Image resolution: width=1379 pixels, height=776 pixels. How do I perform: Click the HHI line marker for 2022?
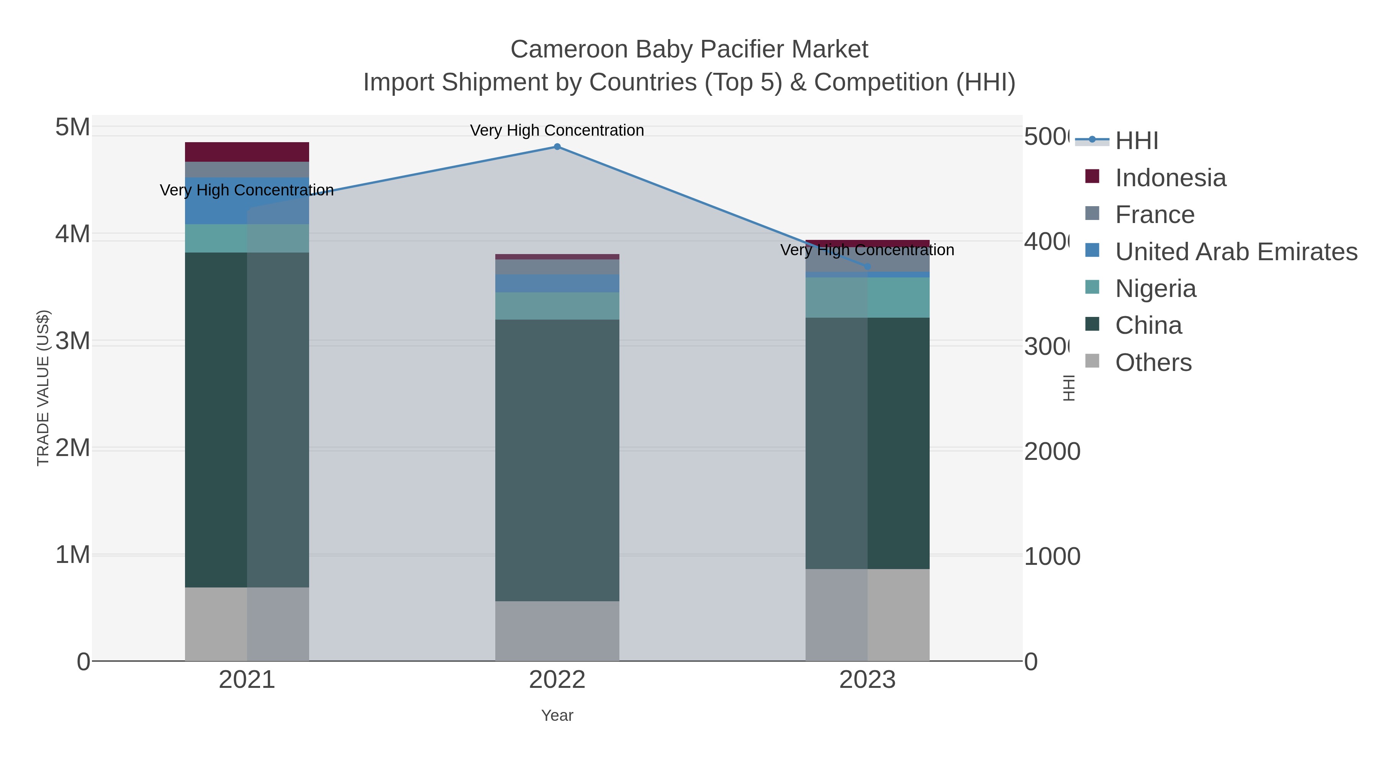pyautogui.click(x=557, y=147)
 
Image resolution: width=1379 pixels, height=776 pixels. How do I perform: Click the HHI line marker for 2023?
pyautogui.click(x=868, y=267)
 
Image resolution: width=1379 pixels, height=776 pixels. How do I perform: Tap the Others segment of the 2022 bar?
pyautogui.click(x=557, y=631)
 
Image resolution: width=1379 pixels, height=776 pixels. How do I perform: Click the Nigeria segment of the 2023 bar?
pyautogui.click(x=868, y=298)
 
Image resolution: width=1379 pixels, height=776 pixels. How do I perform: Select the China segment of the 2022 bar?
pyautogui.click(x=557, y=461)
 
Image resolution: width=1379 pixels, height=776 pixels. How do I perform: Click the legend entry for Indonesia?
pyautogui.click(x=1170, y=178)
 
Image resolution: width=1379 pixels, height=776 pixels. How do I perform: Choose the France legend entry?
pyautogui.click(x=1155, y=215)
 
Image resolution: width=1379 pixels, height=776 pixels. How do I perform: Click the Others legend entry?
pyautogui.click(x=1153, y=363)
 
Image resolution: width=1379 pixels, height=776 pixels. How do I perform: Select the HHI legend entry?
pyautogui.click(x=1137, y=141)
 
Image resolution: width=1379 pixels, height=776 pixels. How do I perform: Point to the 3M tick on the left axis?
pyautogui.click(x=73, y=341)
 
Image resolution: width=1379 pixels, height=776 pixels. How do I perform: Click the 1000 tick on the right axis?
pyautogui.click(x=1052, y=556)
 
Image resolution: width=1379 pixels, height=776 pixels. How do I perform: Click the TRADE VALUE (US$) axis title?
pyautogui.click(x=43, y=388)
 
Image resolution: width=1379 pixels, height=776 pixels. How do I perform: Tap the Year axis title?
pyautogui.click(x=557, y=715)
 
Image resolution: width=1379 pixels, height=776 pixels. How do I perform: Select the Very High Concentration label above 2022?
pyautogui.click(x=557, y=130)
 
